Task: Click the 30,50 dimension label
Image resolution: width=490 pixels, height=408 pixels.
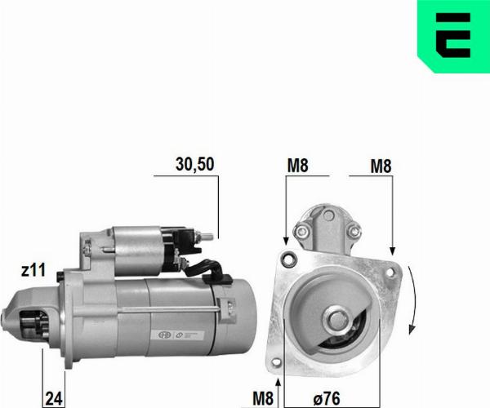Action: pos(194,164)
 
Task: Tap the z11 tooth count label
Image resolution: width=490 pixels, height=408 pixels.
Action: pos(33,270)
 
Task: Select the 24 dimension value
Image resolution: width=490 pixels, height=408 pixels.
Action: pos(54,398)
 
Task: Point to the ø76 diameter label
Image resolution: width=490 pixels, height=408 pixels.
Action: pos(327,398)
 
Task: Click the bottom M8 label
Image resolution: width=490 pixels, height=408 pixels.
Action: pos(263,398)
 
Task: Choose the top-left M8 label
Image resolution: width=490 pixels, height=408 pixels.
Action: pos(297,166)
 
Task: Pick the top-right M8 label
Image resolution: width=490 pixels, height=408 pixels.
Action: pos(381,166)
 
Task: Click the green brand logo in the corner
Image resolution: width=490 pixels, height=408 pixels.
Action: pos(453,36)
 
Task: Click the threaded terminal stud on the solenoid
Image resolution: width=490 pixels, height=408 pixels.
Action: pos(205,237)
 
